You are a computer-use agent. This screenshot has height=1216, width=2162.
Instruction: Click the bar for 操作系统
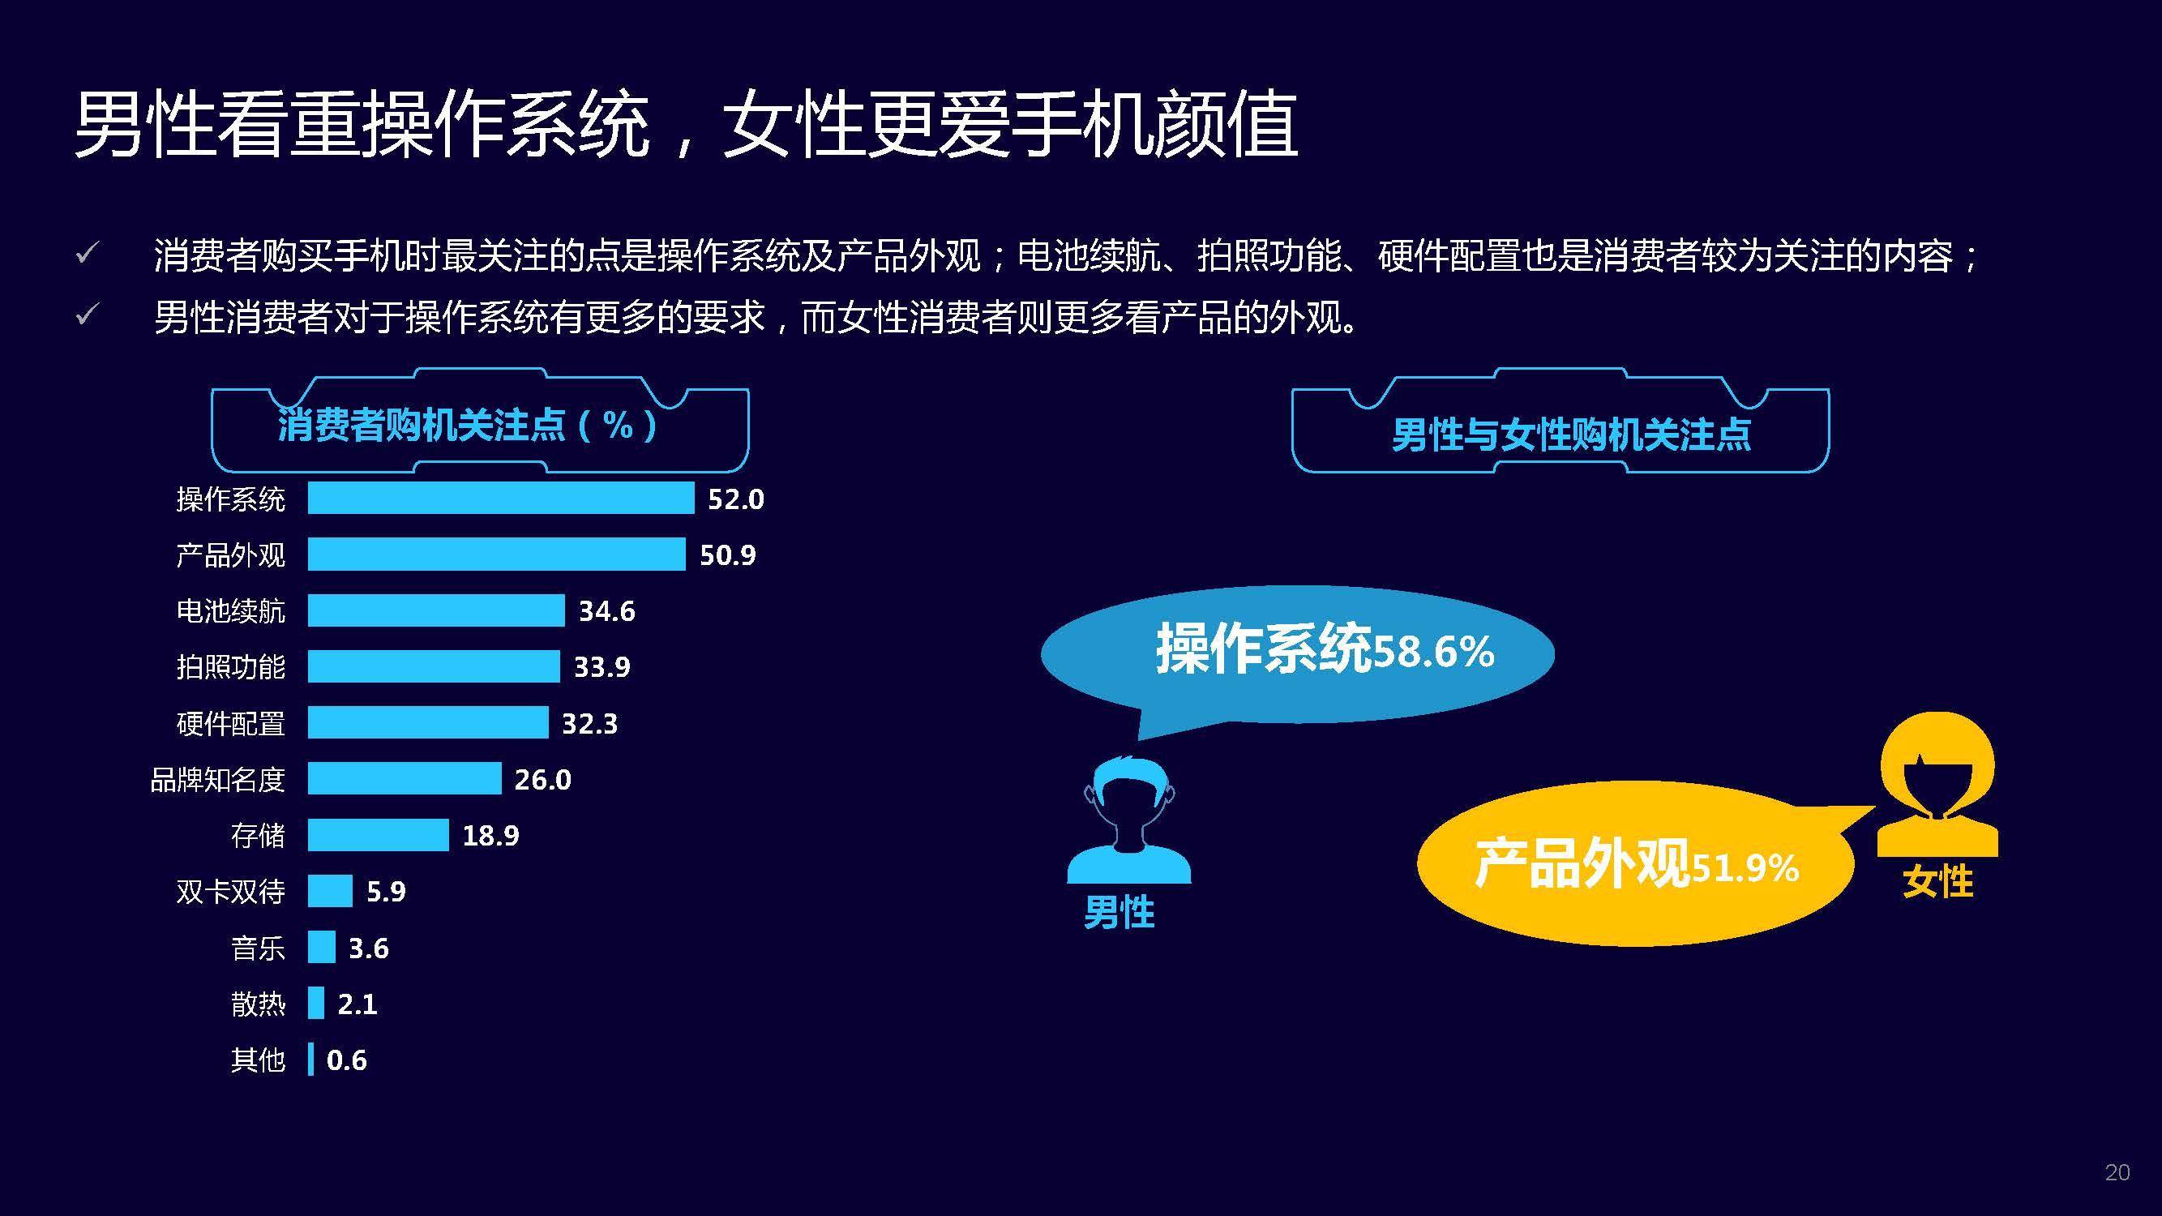[500, 498]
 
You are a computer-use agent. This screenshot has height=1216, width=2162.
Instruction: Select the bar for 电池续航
[435, 610]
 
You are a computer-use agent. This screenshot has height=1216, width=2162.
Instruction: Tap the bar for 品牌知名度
[404, 778]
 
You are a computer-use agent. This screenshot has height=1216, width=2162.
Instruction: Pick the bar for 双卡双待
[330, 890]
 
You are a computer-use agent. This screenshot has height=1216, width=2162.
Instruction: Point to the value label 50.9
[728, 554]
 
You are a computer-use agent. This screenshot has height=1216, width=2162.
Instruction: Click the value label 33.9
[602, 666]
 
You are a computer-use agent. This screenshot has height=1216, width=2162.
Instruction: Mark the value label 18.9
[491, 835]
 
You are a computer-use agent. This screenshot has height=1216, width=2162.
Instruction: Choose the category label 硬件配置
[231, 722]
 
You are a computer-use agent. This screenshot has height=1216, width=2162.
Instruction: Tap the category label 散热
[258, 1004]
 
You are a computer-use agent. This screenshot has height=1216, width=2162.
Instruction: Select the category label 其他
[258, 1060]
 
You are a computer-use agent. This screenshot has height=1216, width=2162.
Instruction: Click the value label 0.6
[347, 1060]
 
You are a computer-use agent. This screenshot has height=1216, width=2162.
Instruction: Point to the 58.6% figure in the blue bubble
[1433, 652]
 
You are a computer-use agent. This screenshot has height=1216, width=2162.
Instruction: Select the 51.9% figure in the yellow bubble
[1745, 867]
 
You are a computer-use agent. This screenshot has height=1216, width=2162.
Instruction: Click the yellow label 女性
[1938, 881]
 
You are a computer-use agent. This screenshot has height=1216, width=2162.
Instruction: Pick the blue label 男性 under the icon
[1120, 912]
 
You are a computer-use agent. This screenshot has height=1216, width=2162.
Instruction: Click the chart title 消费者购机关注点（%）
[467, 425]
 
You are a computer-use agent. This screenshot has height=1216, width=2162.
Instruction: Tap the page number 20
[2117, 1172]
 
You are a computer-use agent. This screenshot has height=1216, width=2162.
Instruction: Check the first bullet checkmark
[88, 253]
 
